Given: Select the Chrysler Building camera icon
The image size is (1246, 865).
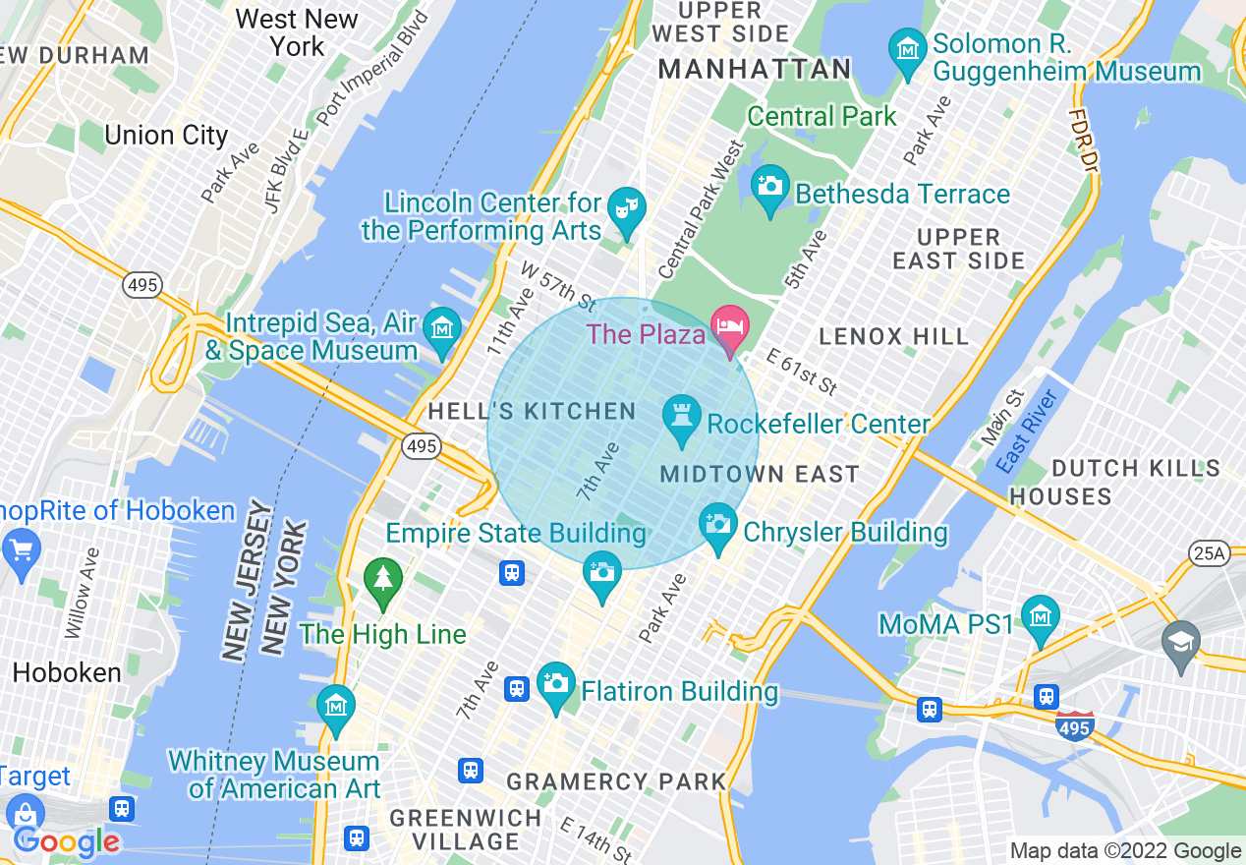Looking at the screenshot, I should click(718, 525).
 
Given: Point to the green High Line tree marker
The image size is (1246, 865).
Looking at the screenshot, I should click(383, 579).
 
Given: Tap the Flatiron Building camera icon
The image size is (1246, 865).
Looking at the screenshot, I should click(556, 683).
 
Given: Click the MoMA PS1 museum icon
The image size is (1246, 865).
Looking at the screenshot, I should click(1040, 617).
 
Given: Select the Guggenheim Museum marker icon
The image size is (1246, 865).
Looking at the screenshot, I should click(907, 48).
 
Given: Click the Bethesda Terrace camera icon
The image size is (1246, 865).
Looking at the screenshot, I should click(769, 186).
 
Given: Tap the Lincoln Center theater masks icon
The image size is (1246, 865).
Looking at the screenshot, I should click(626, 208).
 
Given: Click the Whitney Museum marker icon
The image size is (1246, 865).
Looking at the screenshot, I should click(336, 707).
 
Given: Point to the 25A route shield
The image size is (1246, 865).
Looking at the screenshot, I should click(1208, 554).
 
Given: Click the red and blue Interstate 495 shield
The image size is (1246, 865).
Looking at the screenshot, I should click(1075, 727).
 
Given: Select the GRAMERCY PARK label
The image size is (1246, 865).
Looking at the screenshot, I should click(616, 782).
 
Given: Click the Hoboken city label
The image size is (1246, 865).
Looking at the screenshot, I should click(67, 673).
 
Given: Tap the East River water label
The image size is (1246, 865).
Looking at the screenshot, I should click(1027, 432).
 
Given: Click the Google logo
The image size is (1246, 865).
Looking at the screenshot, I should click(67, 840).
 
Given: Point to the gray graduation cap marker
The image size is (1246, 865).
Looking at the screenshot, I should click(1180, 643).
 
